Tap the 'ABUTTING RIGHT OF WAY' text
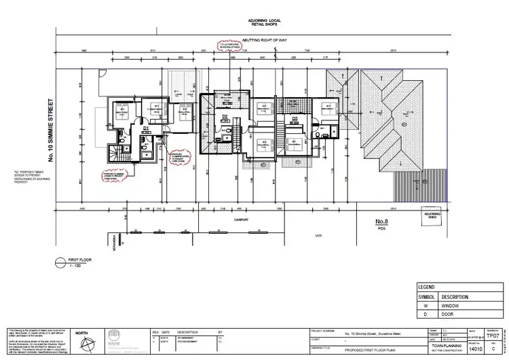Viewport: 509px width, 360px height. click(x=262, y=41)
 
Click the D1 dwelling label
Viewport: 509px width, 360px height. click(x=146, y=127)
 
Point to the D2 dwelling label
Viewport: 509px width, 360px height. click(x=225, y=116)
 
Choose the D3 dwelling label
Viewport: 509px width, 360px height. click(x=295, y=119)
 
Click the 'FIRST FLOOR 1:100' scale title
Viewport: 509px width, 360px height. click(x=81, y=263)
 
